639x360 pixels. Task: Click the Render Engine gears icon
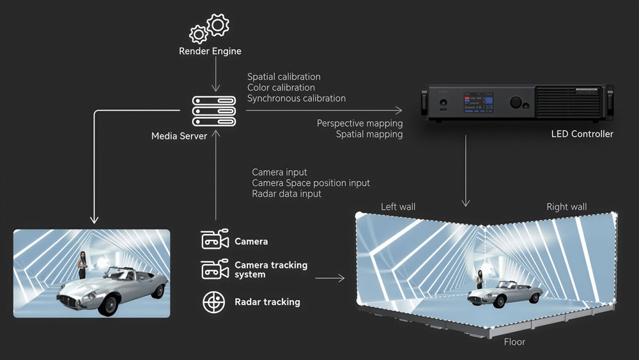click(210, 27)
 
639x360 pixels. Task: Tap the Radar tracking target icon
click(214, 302)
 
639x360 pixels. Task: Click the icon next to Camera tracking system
click(215, 269)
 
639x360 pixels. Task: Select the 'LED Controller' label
click(581, 134)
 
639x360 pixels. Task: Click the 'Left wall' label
click(398, 207)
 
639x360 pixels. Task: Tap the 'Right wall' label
click(566, 207)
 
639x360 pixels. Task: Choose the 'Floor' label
click(514, 341)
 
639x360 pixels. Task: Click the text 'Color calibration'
click(281, 88)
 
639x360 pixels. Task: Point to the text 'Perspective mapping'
click(360, 123)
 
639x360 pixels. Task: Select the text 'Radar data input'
click(286, 194)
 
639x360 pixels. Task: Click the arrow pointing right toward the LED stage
click(330, 278)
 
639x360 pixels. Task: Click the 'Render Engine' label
click(210, 51)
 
